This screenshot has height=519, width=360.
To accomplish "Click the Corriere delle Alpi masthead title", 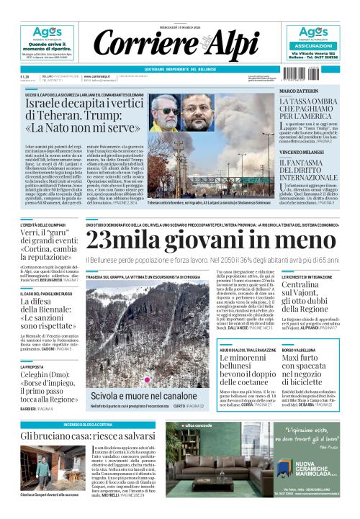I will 179,44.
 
